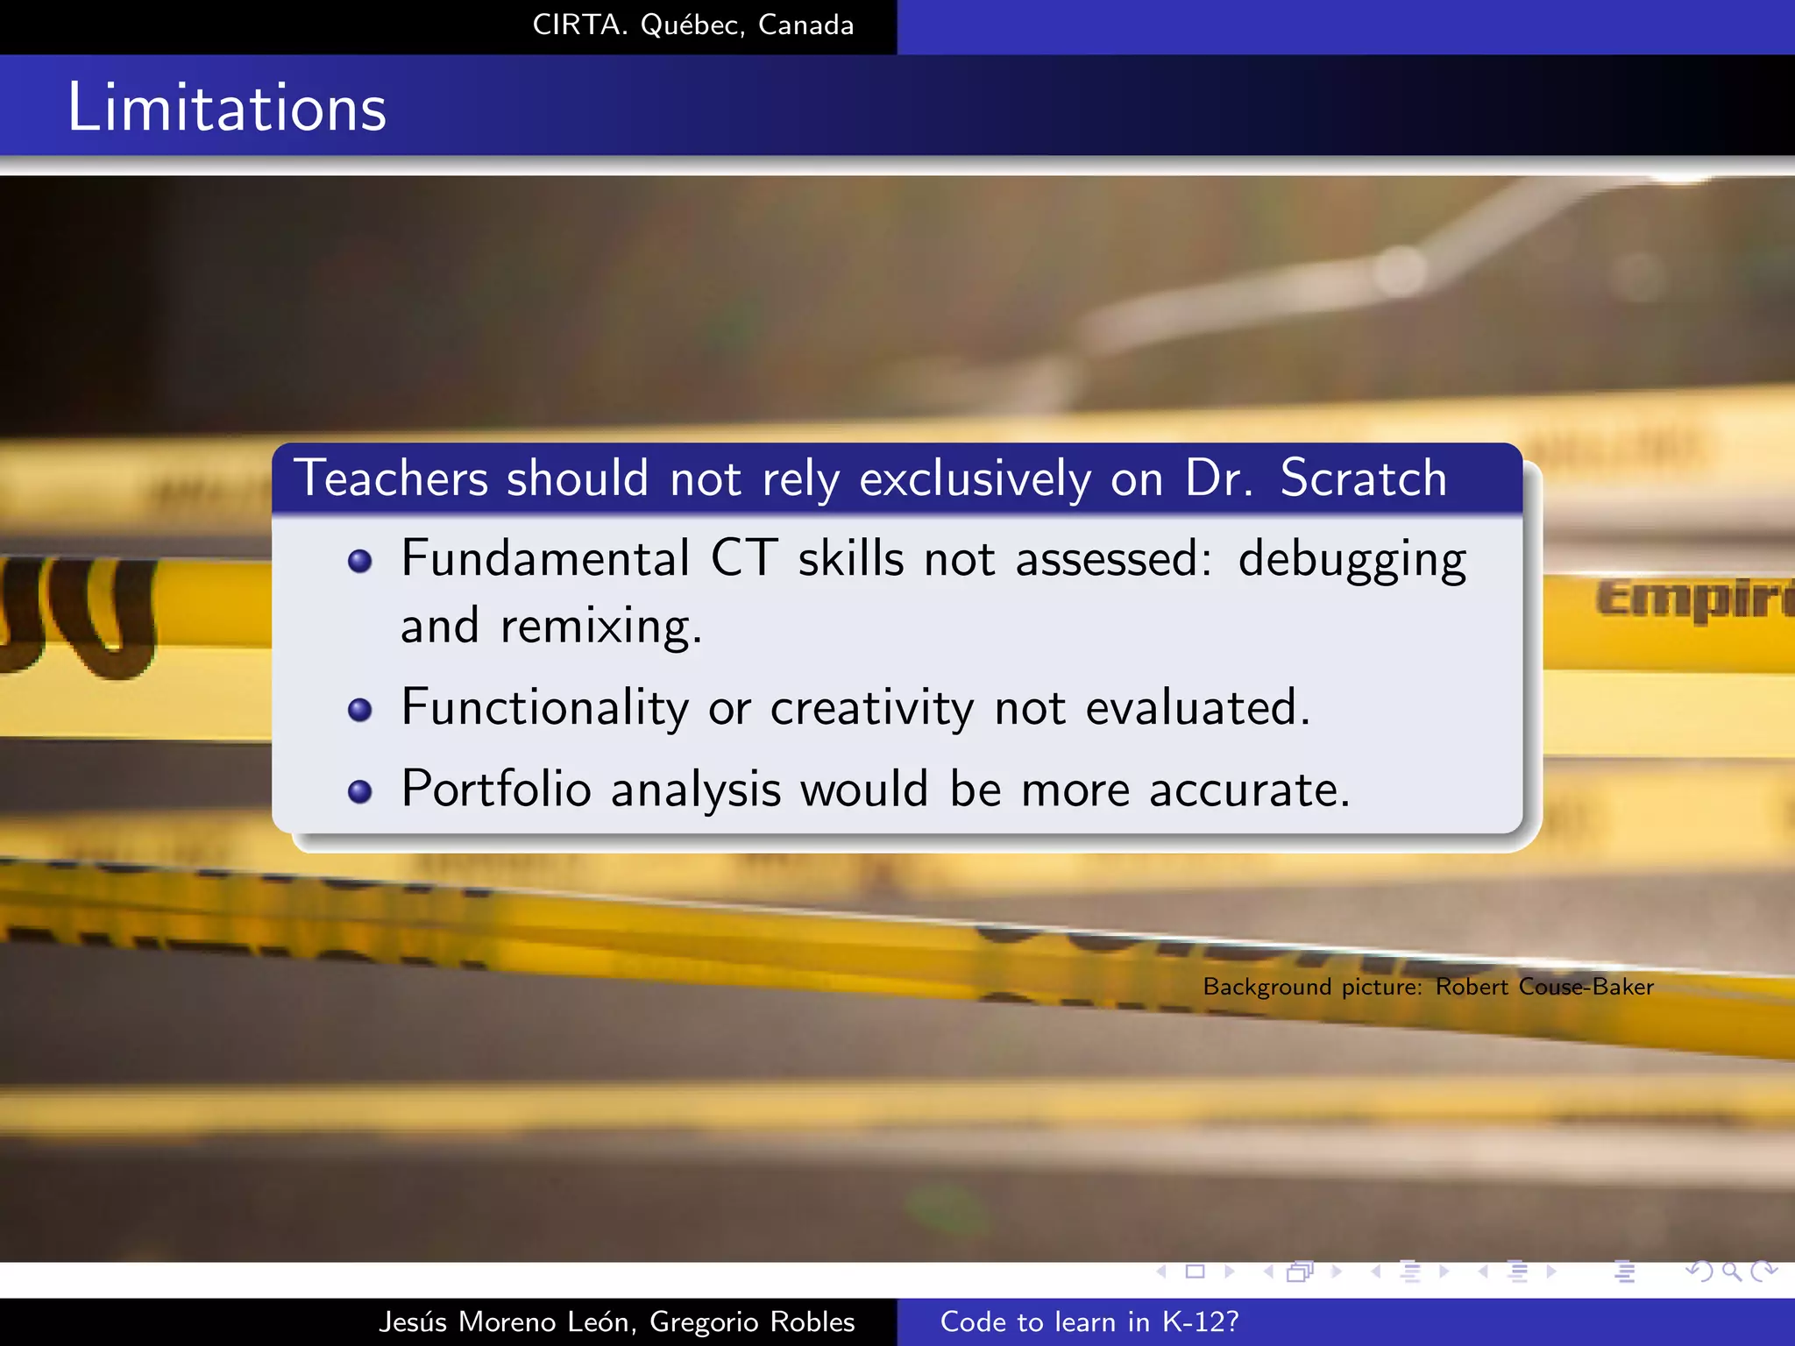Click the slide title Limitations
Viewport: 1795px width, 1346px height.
click(227, 108)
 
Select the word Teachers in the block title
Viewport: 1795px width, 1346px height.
click(390, 478)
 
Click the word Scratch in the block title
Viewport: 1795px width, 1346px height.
click(1363, 478)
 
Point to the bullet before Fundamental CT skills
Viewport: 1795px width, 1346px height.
click(360, 561)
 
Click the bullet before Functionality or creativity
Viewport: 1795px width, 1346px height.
click(360, 709)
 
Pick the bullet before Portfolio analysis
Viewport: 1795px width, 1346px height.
click(360, 791)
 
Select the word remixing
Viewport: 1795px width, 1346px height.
click(600, 627)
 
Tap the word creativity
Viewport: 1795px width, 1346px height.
click(871, 708)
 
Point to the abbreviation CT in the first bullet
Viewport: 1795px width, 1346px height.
click(743, 559)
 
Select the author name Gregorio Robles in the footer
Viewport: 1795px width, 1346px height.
click(752, 1321)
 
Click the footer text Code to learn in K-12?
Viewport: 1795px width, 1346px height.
click(1089, 1321)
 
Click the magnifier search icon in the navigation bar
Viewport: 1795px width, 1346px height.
click(1731, 1272)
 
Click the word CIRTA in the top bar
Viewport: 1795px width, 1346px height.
click(579, 25)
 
